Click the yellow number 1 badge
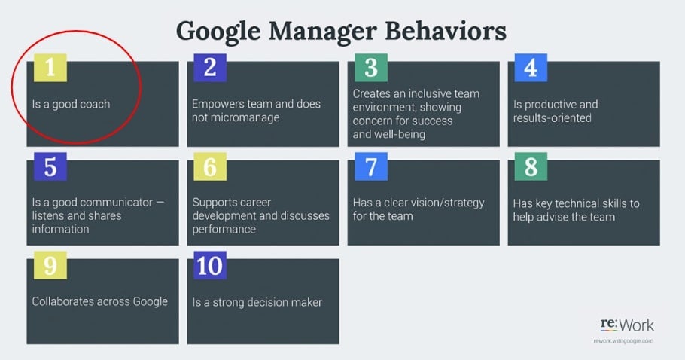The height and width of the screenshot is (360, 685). click(50, 68)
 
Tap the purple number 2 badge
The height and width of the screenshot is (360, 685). click(210, 68)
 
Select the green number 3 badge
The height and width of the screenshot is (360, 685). click(371, 68)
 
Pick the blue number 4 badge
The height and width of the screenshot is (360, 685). click(531, 68)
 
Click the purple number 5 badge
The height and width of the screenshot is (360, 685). click(50, 166)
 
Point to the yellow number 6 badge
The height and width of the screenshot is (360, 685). click(210, 166)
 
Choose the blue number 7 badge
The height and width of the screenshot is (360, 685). click(371, 166)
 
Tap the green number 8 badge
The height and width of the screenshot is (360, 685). click(531, 166)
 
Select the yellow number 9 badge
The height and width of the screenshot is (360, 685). click(50, 265)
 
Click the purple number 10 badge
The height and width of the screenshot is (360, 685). click(210, 265)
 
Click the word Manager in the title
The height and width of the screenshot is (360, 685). click(323, 32)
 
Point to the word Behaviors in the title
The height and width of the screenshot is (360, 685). click(446, 31)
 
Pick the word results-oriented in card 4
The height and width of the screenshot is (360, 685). click(553, 118)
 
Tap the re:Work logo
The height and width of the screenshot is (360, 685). click(627, 325)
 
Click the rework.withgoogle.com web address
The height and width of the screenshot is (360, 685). click(623, 340)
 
